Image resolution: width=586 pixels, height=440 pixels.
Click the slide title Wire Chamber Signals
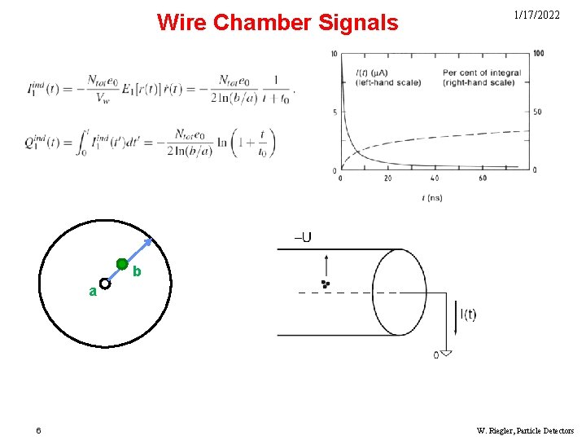278,22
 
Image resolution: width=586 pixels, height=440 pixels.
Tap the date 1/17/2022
536,15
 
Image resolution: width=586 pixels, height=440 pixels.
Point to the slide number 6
37,430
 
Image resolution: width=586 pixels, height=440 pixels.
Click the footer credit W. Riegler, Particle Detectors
525,430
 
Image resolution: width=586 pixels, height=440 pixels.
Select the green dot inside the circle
122,264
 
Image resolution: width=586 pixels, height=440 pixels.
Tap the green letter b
137,271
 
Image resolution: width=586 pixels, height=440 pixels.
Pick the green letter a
93,291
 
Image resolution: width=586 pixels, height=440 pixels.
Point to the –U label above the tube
302,238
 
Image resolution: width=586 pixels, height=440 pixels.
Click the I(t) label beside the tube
468,315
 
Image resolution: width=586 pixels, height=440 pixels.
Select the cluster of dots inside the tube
326,284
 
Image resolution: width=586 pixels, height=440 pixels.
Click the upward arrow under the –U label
326,266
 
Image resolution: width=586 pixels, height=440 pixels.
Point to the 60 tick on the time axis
483,178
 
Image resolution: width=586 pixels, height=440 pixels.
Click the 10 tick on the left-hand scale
334,55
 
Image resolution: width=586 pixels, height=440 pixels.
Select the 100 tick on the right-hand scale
538,54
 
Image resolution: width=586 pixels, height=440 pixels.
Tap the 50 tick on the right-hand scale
537,112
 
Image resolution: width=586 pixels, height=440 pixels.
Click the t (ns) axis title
432,197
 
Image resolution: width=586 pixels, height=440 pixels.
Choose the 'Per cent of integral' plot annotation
482,73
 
